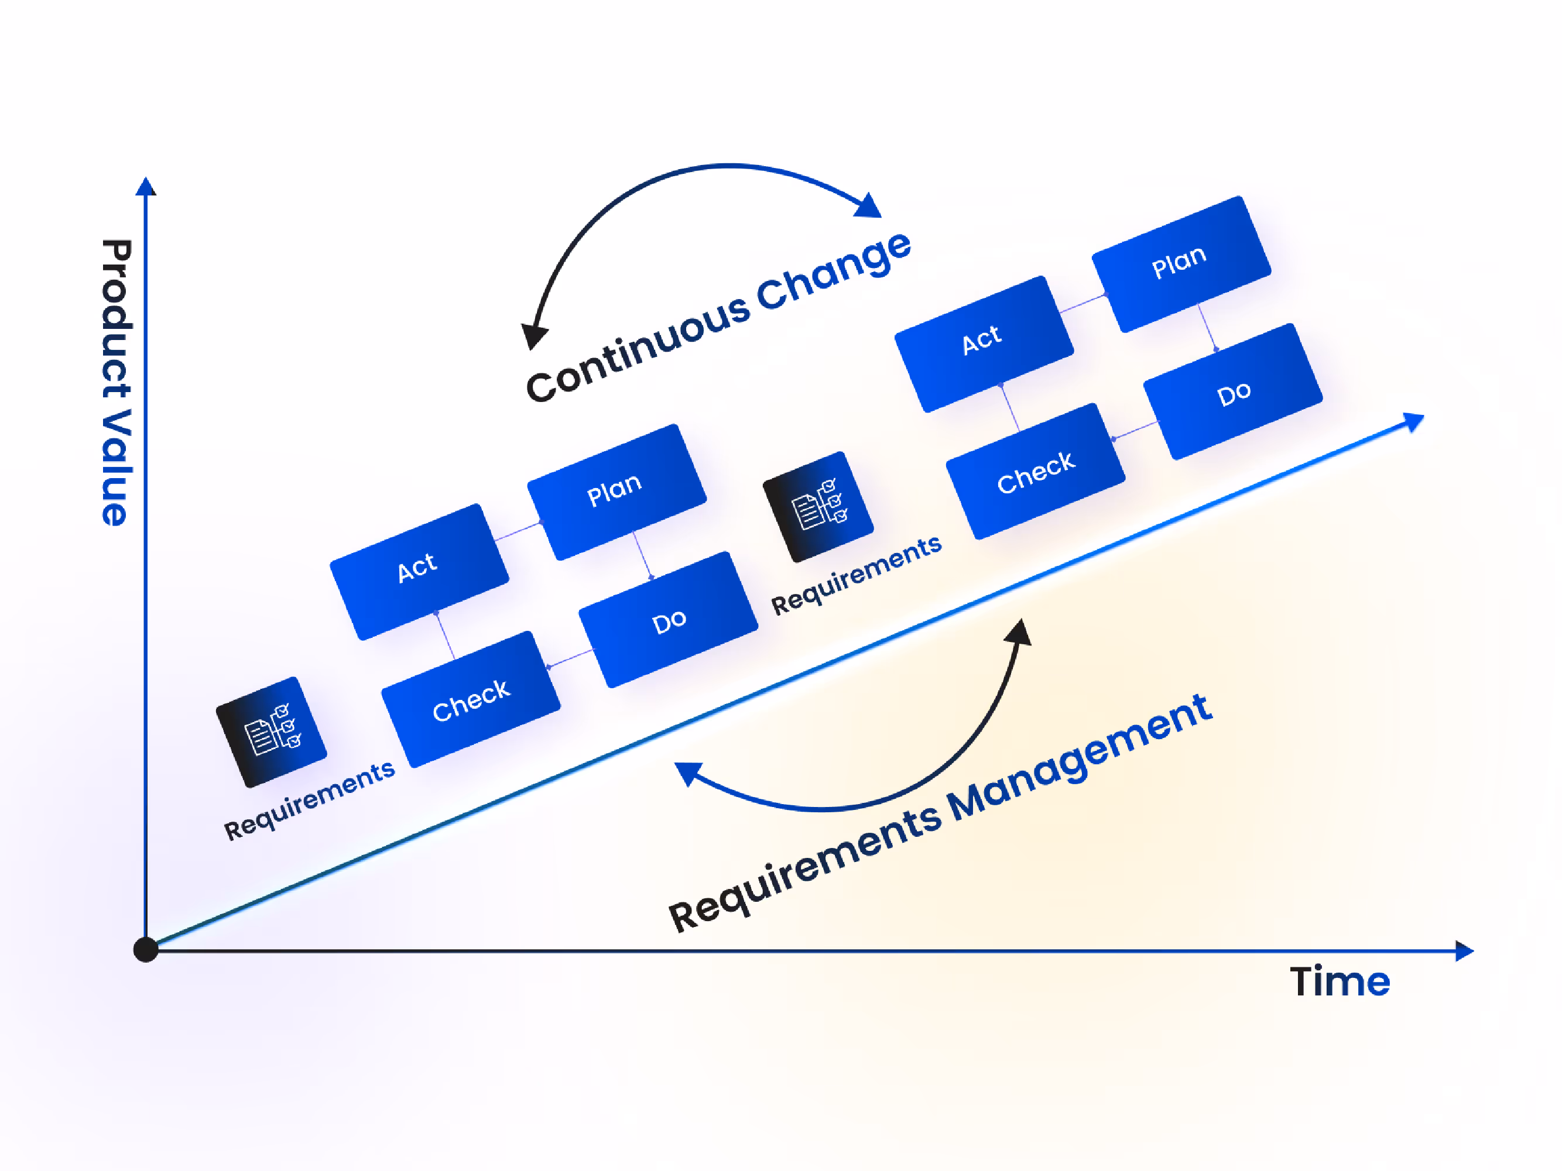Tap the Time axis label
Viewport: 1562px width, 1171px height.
(x=1340, y=982)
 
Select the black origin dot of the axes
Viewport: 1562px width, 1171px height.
(x=145, y=949)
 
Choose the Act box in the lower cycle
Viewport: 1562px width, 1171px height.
(x=419, y=571)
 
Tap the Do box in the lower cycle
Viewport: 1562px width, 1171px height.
(x=668, y=620)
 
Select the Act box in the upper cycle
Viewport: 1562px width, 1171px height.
(x=983, y=344)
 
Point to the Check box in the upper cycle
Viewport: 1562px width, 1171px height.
(x=1035, y=471)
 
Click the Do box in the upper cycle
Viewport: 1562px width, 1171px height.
(x=1233, y=392)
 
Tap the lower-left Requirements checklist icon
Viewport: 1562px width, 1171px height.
(x=271, y=732)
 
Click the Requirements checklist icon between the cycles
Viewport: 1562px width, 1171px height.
(x=818, y=506)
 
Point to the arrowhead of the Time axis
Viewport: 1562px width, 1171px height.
(x=1465, y=951)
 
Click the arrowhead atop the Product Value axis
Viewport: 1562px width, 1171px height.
(x=145, y=186)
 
